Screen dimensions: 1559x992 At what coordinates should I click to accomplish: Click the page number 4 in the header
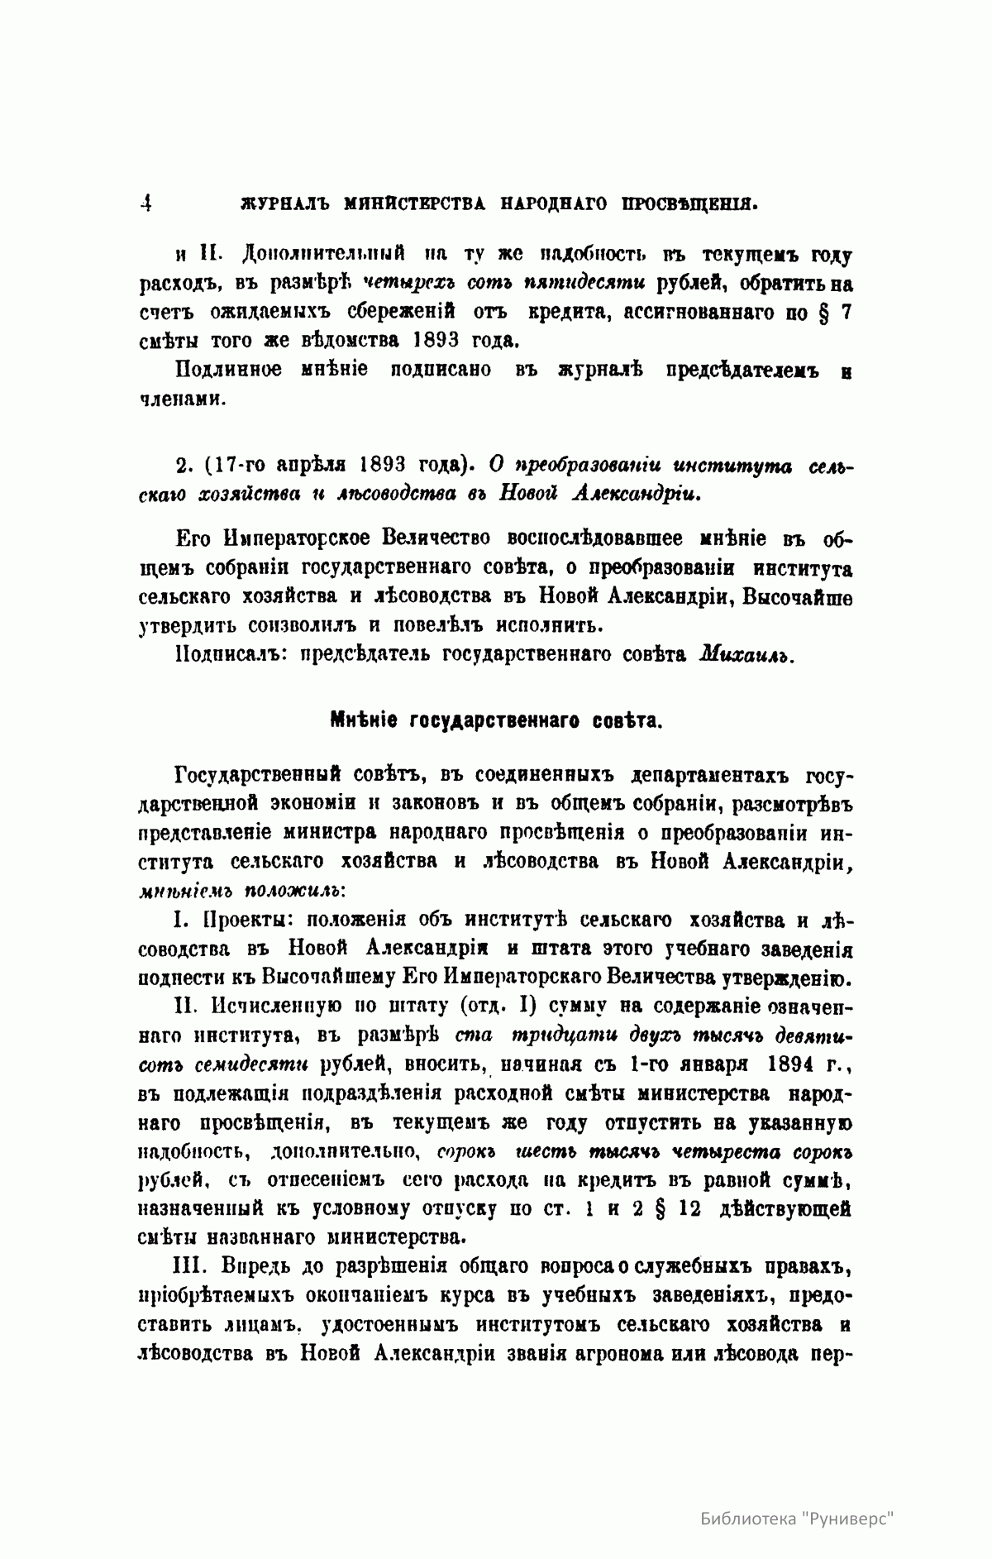[x=146, y=203]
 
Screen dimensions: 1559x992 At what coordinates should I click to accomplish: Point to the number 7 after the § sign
[x=845, y=313]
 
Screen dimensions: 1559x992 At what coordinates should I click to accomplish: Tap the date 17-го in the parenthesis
[x=237, y=466]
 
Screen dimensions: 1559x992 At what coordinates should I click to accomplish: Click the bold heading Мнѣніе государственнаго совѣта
[x=495, y=720]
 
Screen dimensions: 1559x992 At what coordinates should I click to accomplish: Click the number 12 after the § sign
[x=682, y=1208]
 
